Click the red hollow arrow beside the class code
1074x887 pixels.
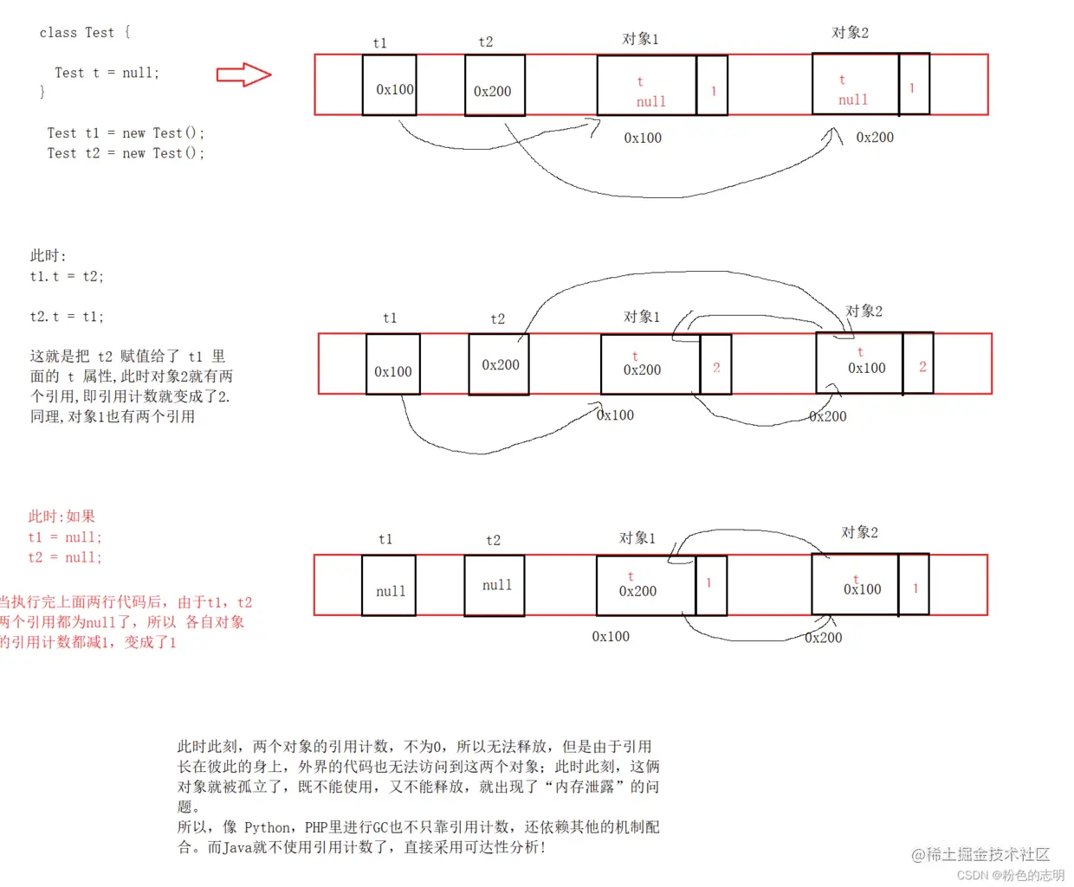pos(243,75)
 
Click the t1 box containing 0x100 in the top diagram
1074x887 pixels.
pos(390,86)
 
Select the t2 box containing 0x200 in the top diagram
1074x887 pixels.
pos(495,86)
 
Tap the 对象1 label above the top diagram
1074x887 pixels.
pos(640,39)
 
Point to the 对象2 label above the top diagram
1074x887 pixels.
pos(850,33)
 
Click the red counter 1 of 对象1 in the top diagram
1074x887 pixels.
pos(713,90)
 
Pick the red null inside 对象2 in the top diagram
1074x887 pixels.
pos(853,100)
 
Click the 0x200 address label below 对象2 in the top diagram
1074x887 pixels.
pos(875,138)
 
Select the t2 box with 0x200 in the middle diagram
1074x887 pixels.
pos(499,364)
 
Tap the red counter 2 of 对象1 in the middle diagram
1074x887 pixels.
pos(716,368)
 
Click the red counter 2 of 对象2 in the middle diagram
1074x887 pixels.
pos(922,367)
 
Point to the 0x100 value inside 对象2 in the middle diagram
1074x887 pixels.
pos(866,369)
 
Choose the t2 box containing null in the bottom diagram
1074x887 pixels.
pos(495,586)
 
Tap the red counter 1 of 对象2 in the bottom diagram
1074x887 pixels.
pos(915,588)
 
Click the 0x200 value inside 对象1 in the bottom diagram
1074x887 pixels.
pos(637,591)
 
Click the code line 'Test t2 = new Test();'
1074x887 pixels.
pos(126,153)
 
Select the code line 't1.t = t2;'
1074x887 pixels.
pos(67,277)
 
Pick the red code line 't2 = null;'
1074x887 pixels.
pos(65,557)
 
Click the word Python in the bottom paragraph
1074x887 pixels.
pos(266,827)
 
